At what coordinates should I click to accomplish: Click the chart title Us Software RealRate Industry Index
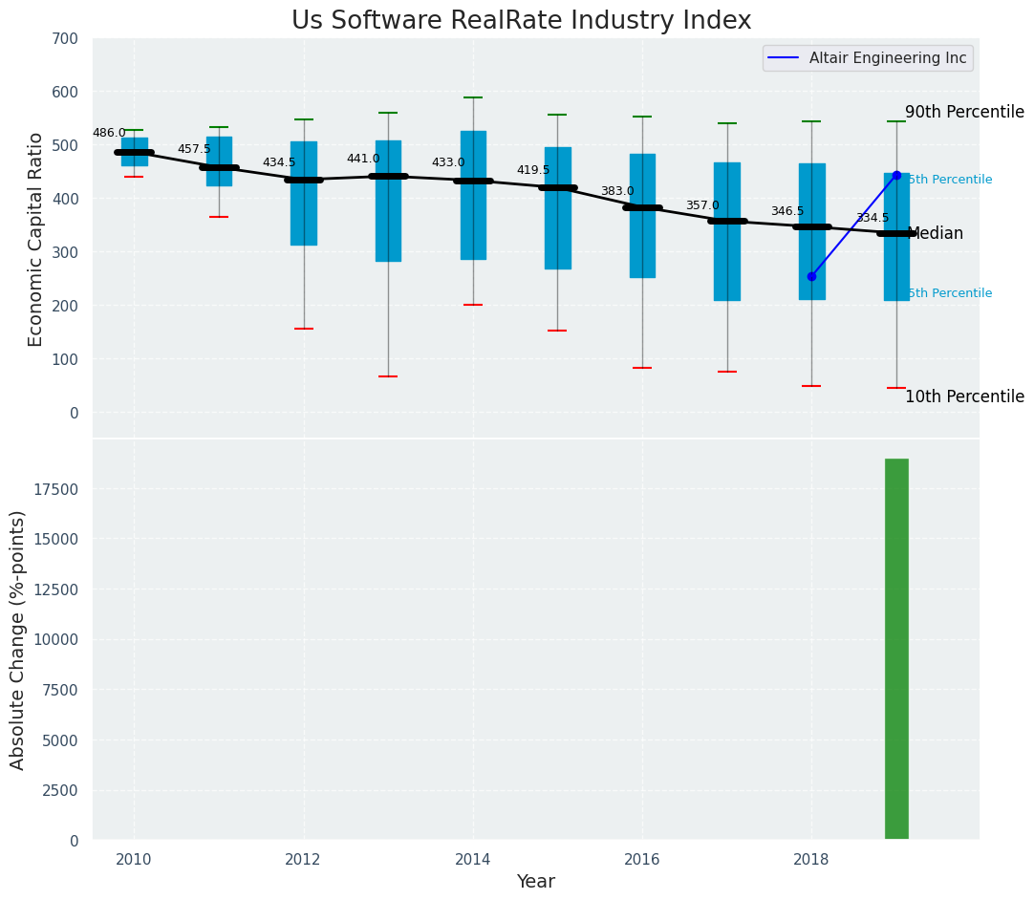pyautogui.click(x=521, y=21)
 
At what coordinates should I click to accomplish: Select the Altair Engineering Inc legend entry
pyautogui.click(x=867, y=58)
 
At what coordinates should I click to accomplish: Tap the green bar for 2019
pyautogui.click(x=896, y=649)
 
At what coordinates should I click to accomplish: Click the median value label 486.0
pyautogui.click(x=109, y=133)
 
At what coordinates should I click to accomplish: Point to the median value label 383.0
pyautogui.click(x=617, y=191)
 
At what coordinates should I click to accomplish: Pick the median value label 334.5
pyautogui.click(x=872, y=218)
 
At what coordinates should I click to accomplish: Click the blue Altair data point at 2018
pyautogui.click(x=811, y=276)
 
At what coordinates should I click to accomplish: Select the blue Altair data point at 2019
pyautogui.click(x=896, y=175)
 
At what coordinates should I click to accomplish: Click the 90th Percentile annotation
pyautogui.click(x=964, y=112)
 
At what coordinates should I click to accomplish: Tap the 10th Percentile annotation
pyautogui.click(x=964, y=396)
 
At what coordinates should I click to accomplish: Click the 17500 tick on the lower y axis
pyautogui.click(x=58, y=489)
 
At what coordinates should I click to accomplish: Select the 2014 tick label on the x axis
pyautogui.click(x=473, y=859)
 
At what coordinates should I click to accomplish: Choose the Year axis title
pyautogui.click(x=536, y=882)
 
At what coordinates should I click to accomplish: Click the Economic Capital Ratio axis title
pyautogui.click(x=36, y=239)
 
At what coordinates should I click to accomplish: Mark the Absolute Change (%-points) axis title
pyautogui.click(x=18, y=639)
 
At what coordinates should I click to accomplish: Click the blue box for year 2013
pyautogui.click(x=388, y=201)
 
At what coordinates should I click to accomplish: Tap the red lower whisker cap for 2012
pyautogui.click(x=304, y=329)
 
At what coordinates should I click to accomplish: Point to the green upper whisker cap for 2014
pyautogui.click(x=473, y=97)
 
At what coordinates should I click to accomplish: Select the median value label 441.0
pyautogui.click(x=363, y=159)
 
